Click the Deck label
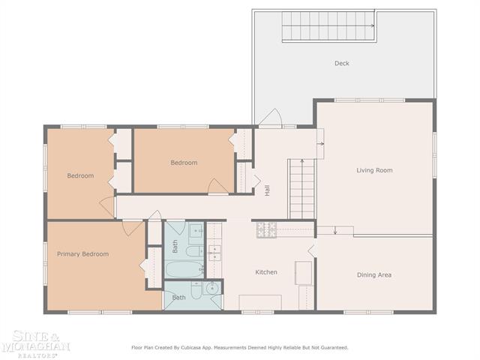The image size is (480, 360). (342, 63)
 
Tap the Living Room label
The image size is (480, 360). (374, 170)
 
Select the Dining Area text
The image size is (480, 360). (373, 274)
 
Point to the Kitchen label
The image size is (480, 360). (266, 271)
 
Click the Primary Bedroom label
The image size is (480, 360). (82, 254)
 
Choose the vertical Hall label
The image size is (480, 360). (267, 191)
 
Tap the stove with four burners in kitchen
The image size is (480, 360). (266, 230)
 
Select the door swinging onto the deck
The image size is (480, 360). (270, 118)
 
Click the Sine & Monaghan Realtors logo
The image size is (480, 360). (35, 343)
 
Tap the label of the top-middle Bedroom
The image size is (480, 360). (184, 163)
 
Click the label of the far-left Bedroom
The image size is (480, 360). (80, 175)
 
